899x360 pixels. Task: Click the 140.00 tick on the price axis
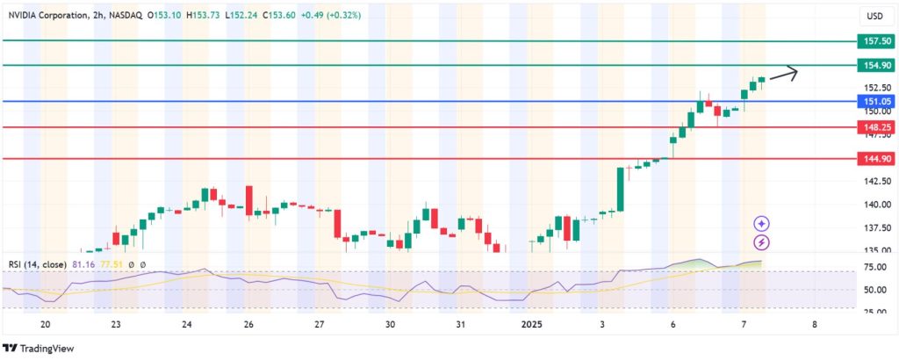point(873,205)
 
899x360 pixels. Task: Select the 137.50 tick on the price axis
point(873,227)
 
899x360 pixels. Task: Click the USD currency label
point(874,16)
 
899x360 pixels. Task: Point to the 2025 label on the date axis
point(532,324)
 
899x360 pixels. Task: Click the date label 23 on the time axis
point(116,324)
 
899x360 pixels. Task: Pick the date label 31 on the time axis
point(460,324)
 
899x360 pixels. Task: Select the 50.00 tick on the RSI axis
point(873,290)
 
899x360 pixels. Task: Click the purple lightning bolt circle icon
point(762,241)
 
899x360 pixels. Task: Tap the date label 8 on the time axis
point(815,324)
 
